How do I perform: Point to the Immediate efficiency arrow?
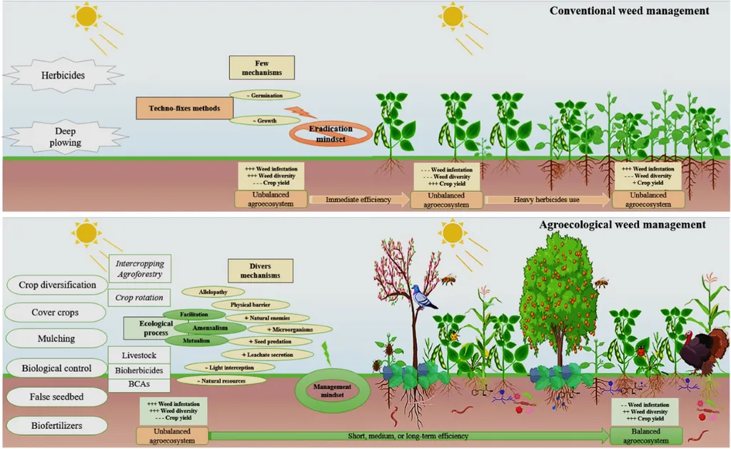[x=358, y=200]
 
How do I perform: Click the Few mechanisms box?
[x=256, y=68]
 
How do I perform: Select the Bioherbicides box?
[x=138, y=370]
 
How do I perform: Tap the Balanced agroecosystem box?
[x=646, y=435]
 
